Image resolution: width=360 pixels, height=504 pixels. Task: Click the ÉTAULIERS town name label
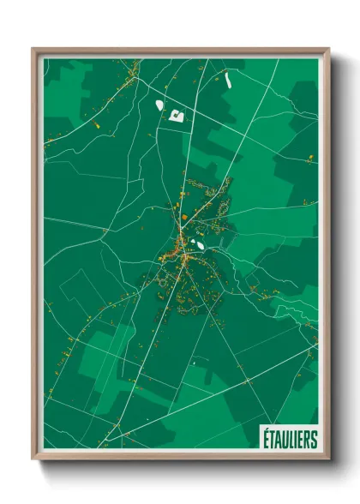288,439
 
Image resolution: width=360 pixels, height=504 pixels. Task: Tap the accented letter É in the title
264,438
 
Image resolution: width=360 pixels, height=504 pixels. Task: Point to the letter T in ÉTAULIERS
270,439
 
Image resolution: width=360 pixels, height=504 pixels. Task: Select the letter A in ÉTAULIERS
276,439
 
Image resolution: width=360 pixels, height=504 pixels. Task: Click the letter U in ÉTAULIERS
283,439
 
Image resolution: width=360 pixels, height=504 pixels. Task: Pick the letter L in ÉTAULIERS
289,439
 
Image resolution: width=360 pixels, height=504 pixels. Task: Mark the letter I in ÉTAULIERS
293,439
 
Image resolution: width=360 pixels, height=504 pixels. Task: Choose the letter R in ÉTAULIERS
305,439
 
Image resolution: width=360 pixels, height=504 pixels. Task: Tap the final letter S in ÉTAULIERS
313,439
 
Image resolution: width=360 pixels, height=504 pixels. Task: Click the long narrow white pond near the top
229,81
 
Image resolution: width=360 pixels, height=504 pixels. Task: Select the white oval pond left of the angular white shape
159,105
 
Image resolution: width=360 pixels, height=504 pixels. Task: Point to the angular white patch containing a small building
178,115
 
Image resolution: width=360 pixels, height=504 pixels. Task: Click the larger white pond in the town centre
198,245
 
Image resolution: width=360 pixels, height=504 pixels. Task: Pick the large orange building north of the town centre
184,218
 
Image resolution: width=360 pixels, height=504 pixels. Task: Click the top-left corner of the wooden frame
33,49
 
